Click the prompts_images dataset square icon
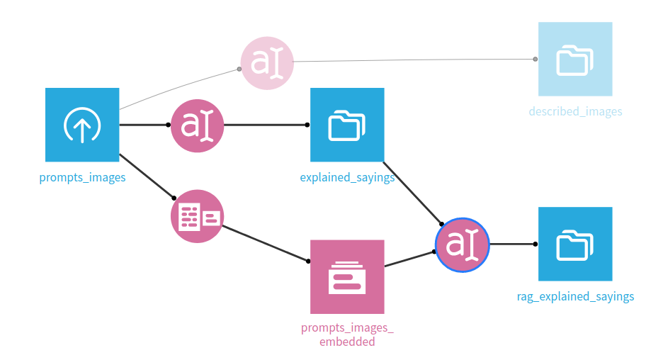[x=82, y=125]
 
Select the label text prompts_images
[x=82, y=177]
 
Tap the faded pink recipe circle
[x=267, y=64]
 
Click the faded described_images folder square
[x=574, y=59]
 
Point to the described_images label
[x=575, y=111]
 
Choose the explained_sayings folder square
[x=347, y=125]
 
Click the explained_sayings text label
[x=347, y=177]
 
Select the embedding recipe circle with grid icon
[x=197, y=216]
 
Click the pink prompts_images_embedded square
[x=347, y=276]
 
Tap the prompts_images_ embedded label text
[x=347, y=334]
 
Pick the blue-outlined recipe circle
[x=463, y=244]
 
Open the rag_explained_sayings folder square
[x=574, y=244]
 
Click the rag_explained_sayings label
[x=575, y=296]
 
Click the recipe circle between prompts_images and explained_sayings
[x=197, y=125]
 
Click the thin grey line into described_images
[x=414, y=60]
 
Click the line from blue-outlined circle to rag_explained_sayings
[x=511, y=244]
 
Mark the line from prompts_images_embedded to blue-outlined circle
[x=409, y=259]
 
